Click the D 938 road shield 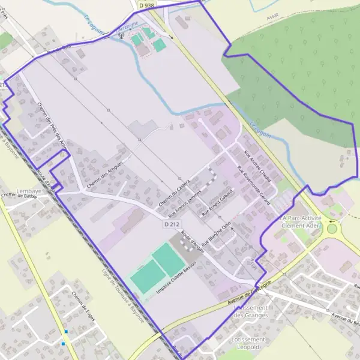click(145, 5)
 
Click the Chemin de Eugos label click(84, 305)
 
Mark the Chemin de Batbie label click(19, 196)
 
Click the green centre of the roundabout click(332, 229)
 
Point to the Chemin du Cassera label click(175, 193)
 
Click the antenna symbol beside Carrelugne click(122, 35)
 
